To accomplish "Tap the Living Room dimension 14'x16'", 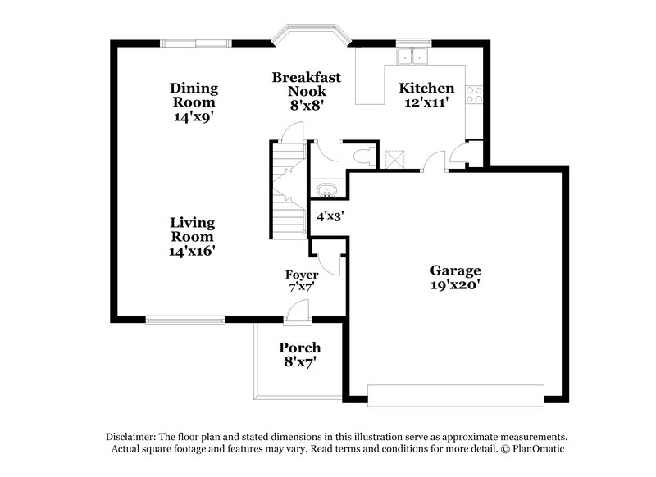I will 193,252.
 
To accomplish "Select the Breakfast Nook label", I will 306,84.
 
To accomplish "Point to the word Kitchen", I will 426,88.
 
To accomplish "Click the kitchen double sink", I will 412,56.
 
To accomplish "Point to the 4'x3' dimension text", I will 330,217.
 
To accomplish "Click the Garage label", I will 456,270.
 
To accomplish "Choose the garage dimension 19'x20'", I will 456,286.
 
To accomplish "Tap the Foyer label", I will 301,274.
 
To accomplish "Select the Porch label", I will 299,348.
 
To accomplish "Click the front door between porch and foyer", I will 297,311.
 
